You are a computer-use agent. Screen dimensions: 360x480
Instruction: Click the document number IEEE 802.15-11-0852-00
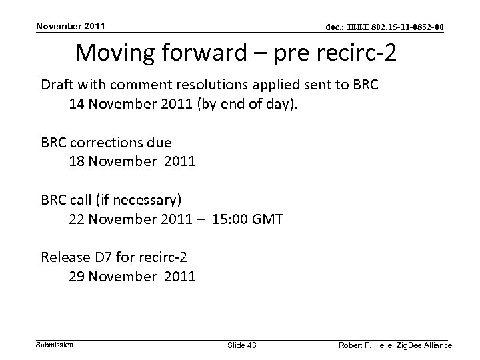[385, 27]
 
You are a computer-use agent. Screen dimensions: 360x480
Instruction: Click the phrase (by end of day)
[266, 105]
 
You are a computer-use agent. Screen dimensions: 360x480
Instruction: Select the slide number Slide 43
[242, 345]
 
